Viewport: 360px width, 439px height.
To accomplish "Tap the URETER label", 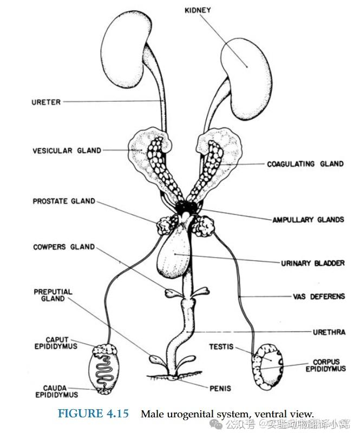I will pos(46,102).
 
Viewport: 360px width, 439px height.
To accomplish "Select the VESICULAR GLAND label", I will pos(67,150).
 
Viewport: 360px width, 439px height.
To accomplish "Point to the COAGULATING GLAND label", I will pos(305,163).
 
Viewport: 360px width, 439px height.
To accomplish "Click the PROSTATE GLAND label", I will pos(64,201).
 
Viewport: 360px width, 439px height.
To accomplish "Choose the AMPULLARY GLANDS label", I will pos(308,220).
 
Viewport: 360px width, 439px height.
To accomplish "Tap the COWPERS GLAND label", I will pos(64,247).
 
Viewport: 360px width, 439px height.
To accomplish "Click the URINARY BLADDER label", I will pos(312,263).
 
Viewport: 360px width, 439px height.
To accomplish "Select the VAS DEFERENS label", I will pos(315,297).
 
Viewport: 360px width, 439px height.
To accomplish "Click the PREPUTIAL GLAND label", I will pos(53,296).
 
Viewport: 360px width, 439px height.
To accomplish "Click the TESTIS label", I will pos(221,346).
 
